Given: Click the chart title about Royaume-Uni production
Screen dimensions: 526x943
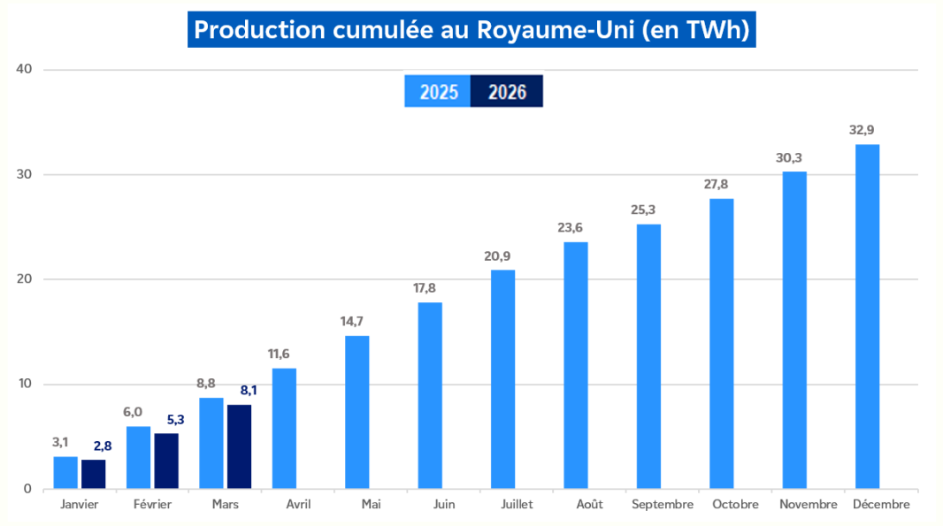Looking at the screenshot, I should pos(471,29).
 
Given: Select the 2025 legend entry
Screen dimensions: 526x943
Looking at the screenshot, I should pos(438,92).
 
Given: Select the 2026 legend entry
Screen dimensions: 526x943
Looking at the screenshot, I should pos(506,92).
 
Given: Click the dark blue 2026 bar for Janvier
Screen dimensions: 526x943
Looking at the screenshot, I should pos(94,474).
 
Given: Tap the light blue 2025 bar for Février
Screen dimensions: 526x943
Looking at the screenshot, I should pos(138,457).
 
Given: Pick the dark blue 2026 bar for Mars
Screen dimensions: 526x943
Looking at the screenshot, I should pos(239,446).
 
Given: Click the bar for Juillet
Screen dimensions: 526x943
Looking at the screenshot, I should pos(502,379).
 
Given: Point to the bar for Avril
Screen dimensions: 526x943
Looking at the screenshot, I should pos(284,428).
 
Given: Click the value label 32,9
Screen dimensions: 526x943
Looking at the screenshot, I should pos(867,130).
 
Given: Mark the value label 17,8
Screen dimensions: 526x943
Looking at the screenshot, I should pos(430,288).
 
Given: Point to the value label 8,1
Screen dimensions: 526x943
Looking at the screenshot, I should pos(249,390).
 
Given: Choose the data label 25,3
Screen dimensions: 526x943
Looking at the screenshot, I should pos(648,210).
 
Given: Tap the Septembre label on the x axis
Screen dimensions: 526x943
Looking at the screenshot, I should pos(663,505).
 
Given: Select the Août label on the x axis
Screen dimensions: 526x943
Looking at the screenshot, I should pos(589,505).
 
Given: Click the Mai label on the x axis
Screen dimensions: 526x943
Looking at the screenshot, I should pos(371,505).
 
